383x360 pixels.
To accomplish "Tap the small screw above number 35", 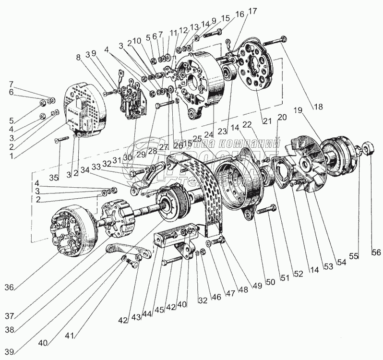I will tap(58, 140).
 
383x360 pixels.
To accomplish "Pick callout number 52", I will tap(298, 274).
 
